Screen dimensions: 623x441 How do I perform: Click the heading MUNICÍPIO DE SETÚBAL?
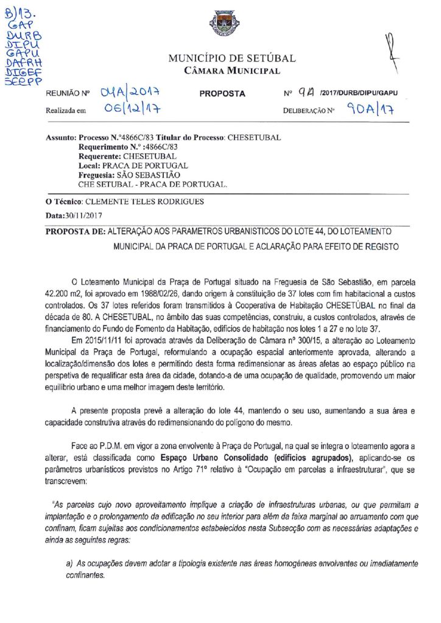pos(231,59)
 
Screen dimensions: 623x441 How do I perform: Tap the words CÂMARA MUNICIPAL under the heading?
pos(232,71)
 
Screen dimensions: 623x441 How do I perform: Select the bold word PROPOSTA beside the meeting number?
pos(222,94)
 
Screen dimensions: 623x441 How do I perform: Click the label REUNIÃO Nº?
pos(68,95)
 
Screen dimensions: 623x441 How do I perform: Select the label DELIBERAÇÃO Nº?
pos(309,112)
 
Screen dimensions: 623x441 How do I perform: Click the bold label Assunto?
pos(61,138)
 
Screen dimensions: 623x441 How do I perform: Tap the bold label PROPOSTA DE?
pos(76,231)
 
